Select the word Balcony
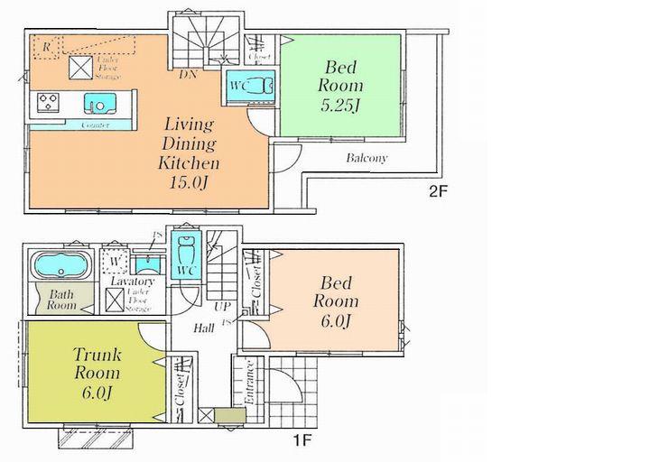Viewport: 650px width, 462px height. click(367, 158)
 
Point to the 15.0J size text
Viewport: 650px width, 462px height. click(189, 184)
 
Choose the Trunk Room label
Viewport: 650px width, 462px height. click(97, 364)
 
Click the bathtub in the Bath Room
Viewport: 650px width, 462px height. click(60, 267)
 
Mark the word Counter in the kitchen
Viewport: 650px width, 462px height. click(96, 125)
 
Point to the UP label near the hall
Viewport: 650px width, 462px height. click(222, 307)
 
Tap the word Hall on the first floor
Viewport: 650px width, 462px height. click(204, 328)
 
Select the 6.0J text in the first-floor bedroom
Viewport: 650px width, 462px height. click(336, 322)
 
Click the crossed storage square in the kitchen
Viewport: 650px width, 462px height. click(81, 68)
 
